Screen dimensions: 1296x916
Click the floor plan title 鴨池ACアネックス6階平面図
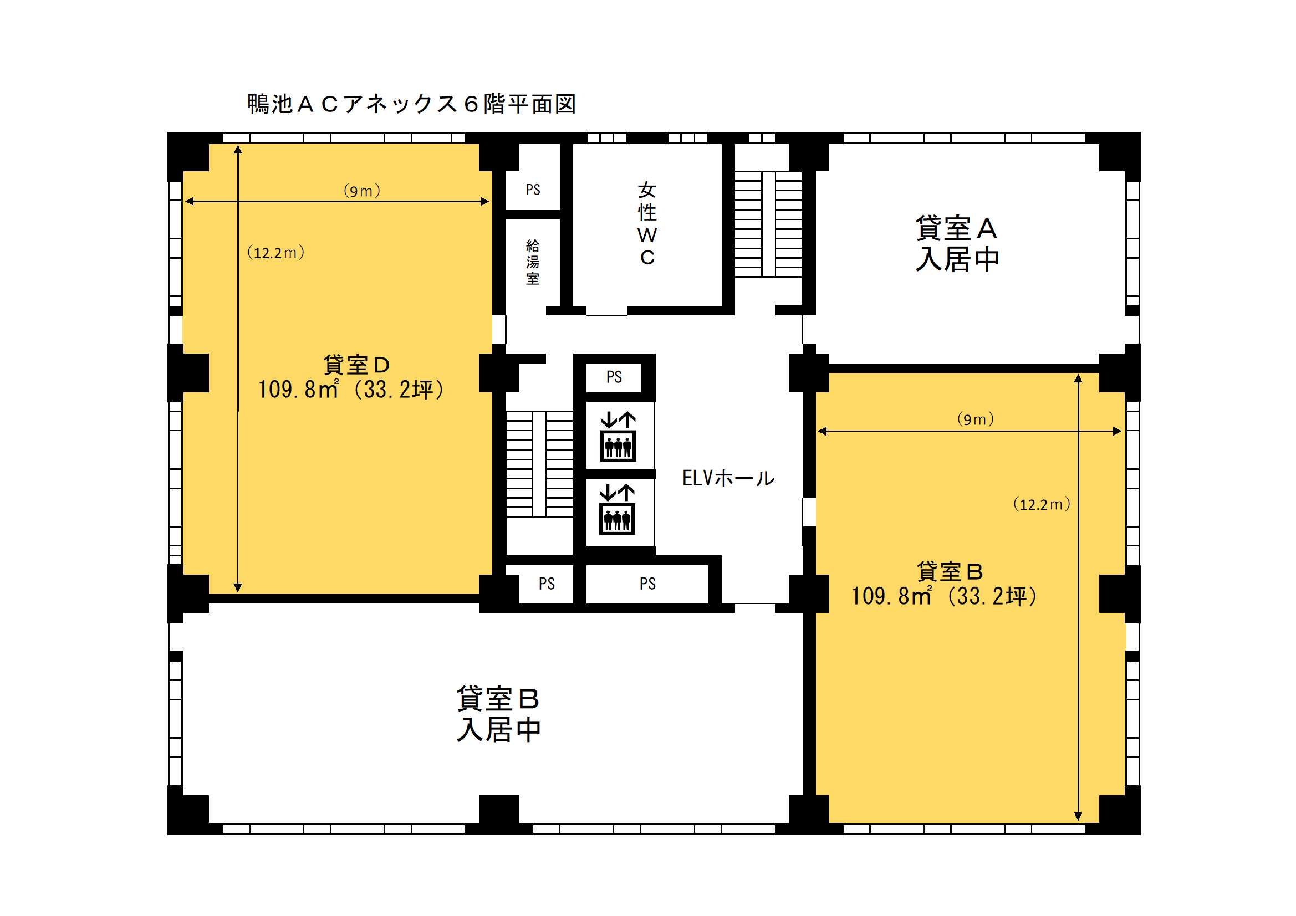coord(411,104)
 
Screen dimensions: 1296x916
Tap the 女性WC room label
coord(647,223)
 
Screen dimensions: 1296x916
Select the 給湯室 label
coord(532,262)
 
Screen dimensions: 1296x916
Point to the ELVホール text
coord(728,478)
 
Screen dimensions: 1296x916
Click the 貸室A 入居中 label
coord(957,244)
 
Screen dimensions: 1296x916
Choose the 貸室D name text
coord(356,365)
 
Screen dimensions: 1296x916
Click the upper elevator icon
coord(618,437)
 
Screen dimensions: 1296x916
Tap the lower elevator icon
coord(617,509)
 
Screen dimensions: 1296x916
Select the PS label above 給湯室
coord(533,190)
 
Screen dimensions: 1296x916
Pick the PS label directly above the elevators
coord(614,377)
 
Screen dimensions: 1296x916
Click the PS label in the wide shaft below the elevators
coord(647,584)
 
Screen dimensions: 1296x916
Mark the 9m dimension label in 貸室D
coord(362,191)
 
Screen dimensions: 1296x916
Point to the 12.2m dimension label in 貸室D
coord(275,252)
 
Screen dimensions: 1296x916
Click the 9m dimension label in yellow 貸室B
coord(976,419)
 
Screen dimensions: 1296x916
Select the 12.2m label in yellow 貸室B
coord(1042,504)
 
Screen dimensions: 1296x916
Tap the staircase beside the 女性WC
coord(768,224)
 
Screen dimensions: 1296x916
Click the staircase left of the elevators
coord(539,464)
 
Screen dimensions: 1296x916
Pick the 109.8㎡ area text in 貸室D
coord(299,390)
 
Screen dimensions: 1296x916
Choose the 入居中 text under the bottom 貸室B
coord(498,730)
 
